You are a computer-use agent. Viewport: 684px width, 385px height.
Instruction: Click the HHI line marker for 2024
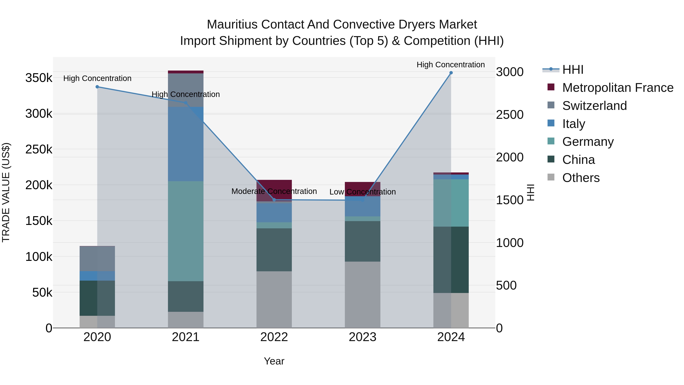click(451, 73)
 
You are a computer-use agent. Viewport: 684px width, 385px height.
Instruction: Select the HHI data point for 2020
click(97, 87)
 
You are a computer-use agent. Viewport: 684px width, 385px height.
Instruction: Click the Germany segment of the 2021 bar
click(186, 231)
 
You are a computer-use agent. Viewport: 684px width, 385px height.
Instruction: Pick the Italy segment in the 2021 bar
click(186, 144)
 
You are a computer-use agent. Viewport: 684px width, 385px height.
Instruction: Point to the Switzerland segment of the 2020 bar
click(97, 259)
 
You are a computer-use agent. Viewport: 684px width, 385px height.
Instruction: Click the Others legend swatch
click(551, 177)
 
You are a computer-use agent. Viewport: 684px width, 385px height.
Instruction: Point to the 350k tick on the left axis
click(39, 78)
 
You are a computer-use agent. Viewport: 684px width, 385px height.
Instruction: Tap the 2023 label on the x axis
click(363, 337)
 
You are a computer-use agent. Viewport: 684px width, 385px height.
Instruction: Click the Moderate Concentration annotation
click(274, 191)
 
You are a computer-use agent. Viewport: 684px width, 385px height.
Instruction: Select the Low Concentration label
click(363, 192)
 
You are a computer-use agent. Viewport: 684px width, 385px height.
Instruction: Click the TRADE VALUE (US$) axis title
click(6, 192)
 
